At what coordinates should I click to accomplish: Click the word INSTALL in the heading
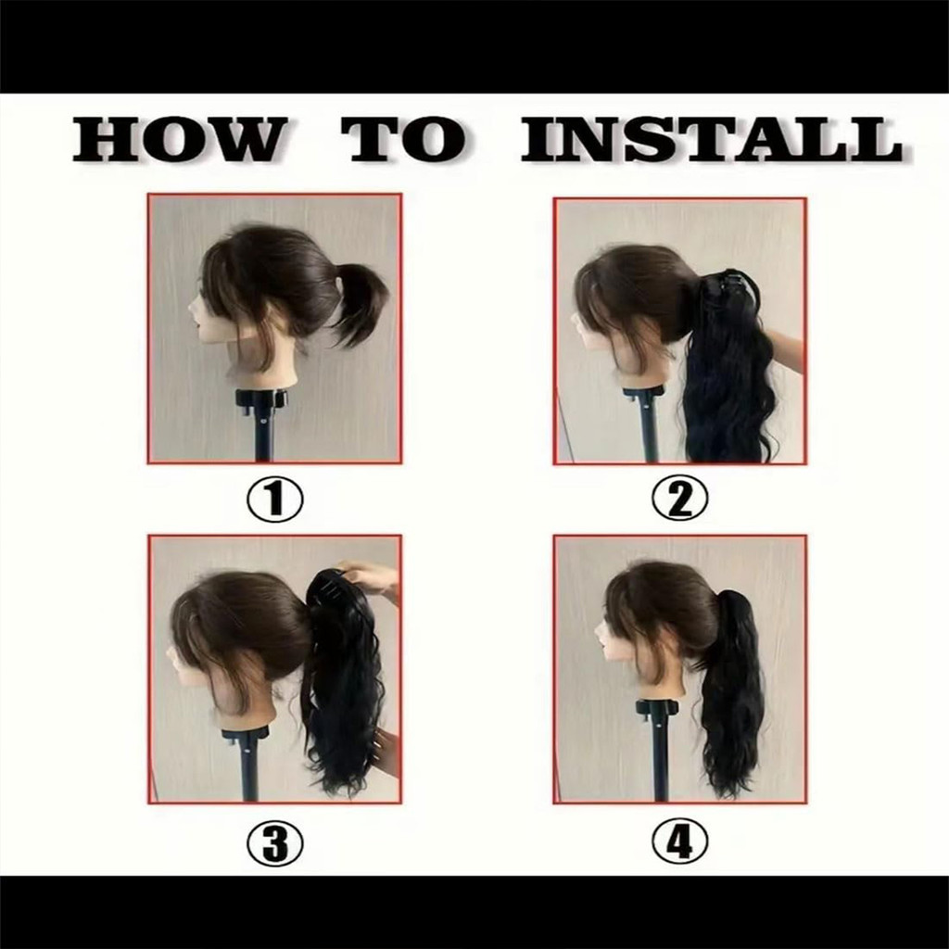pos(712,139)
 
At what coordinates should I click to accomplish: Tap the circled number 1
pos(274,499)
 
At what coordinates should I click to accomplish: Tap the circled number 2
pos(679,499)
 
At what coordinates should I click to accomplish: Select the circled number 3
pos(274,842)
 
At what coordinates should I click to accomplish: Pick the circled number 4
pos(679,842)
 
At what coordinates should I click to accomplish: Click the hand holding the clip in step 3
pos(369,578)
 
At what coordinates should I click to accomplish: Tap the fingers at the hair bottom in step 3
pos(385,749)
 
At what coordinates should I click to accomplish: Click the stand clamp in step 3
pos(245,735)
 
